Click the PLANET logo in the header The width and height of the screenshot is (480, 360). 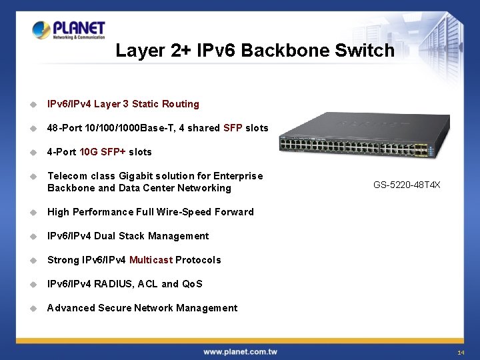(69, 30)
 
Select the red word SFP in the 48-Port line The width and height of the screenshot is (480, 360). (233, 128)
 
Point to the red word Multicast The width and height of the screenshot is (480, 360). (151, 260)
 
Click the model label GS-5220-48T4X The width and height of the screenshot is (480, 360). (407, 185)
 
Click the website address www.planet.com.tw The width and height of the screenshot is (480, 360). (240, 351)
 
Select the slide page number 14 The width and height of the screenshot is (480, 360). (461, 352)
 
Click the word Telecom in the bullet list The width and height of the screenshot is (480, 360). (67, 176)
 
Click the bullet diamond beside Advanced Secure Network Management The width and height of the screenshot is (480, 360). (31, 308)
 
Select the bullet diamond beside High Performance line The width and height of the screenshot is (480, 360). (31, 212)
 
